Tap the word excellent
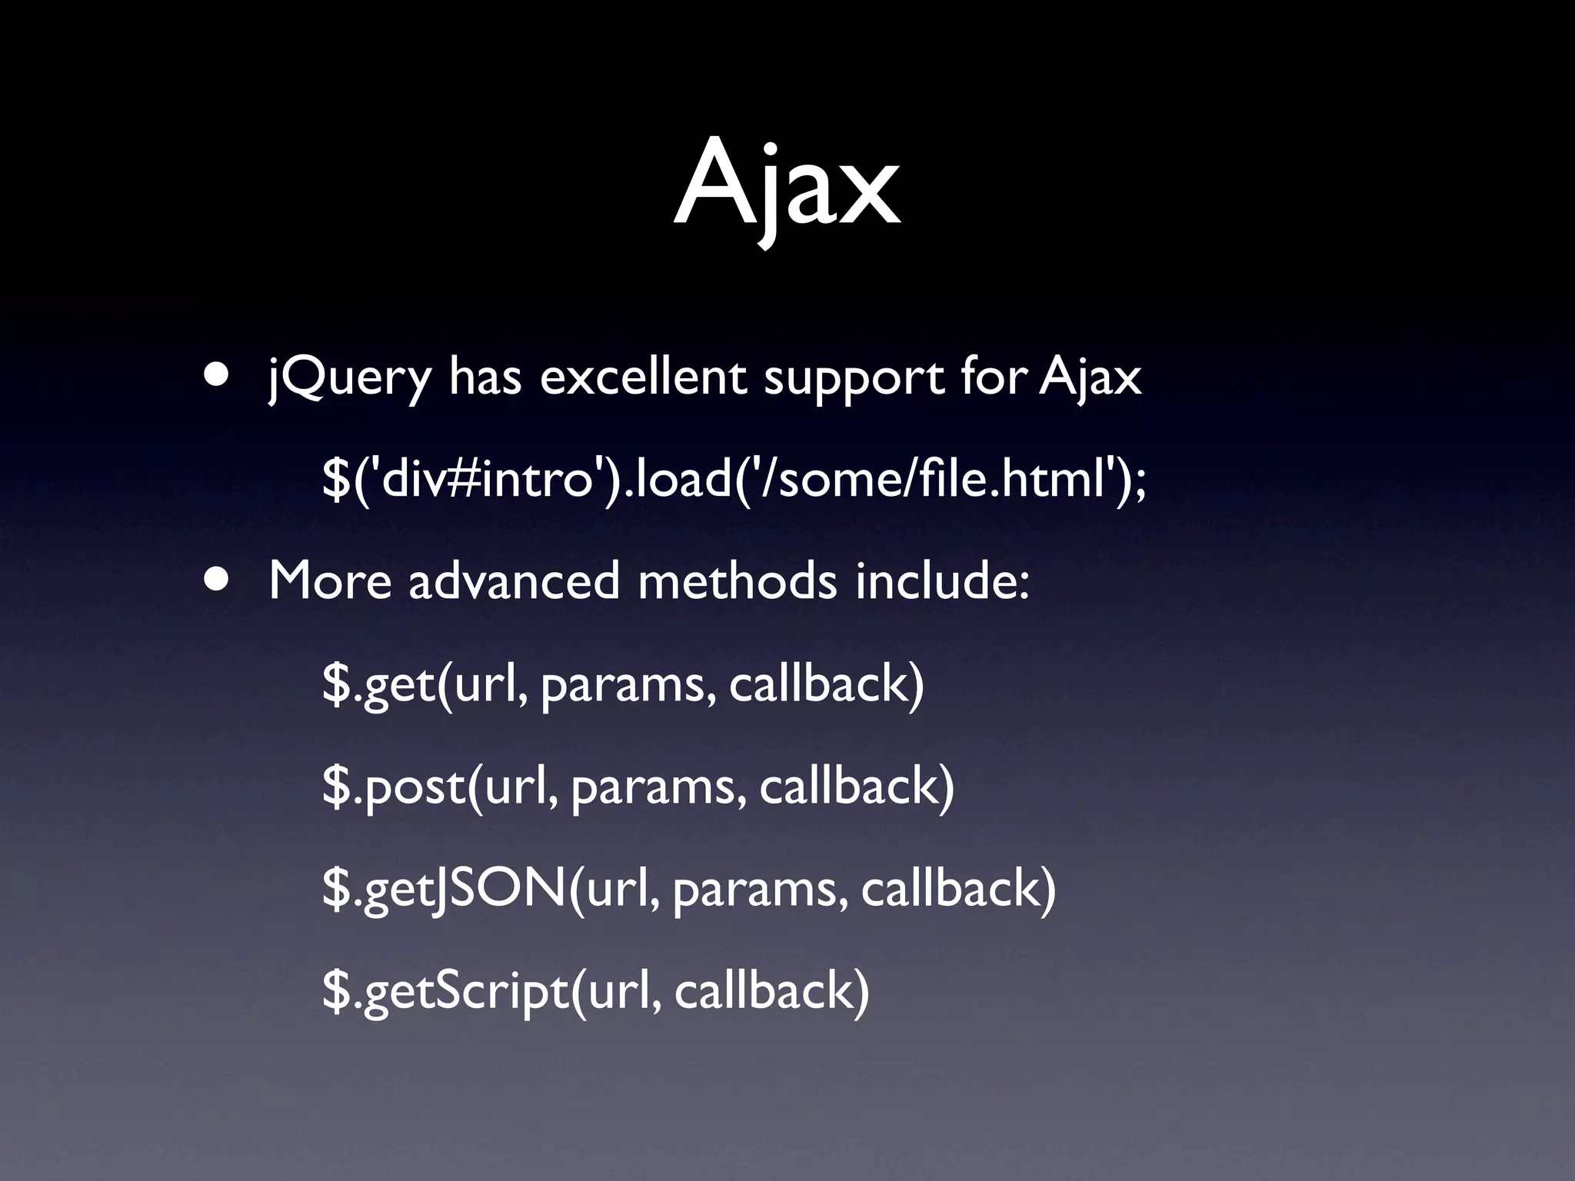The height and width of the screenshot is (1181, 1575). [643, 378]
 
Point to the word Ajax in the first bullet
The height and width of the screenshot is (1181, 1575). [1091, 378]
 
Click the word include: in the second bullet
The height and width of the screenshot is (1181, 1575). [942, 581]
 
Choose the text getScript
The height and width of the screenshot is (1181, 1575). [466, 991]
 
